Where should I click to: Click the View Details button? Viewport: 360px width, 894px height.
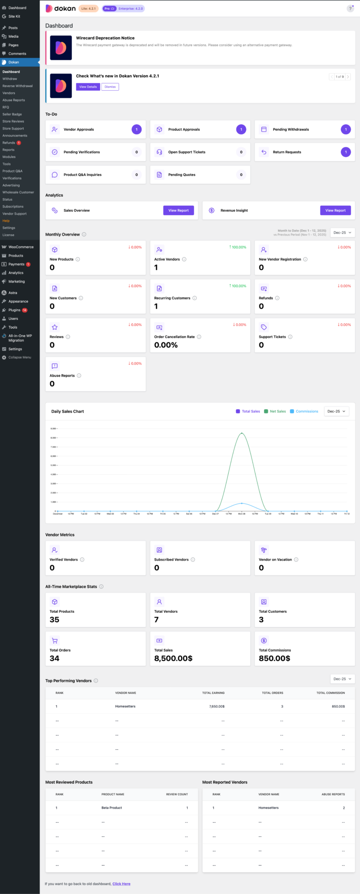point(88,87)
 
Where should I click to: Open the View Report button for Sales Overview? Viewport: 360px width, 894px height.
point(178,210)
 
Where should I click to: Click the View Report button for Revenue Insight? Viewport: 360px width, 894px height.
point(335,210)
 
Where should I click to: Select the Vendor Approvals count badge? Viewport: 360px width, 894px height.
point(136,129)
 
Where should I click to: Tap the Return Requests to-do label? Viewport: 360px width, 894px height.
point(287,152)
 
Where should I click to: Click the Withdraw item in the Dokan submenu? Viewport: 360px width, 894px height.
point(10,79)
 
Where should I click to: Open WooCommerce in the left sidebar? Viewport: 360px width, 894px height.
point(20,247)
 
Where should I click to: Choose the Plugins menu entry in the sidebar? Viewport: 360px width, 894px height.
point(14,310)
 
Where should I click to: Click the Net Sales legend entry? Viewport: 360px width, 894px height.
point(278,412)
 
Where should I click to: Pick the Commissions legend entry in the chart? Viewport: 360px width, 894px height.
point(306,412)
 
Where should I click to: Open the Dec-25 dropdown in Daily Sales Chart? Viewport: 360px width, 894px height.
point(336,412)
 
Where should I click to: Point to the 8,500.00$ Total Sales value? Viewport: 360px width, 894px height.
point(173,658)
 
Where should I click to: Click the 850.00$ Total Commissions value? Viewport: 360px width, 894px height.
point(274,658)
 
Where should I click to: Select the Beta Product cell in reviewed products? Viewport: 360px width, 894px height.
point(112,808)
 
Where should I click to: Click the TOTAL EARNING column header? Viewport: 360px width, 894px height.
point(213,693)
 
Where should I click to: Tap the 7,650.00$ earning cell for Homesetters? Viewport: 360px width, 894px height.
point(217,706)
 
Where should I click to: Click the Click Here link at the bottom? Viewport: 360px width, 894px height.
point(121,884)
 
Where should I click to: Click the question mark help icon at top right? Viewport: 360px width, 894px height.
point(350,8)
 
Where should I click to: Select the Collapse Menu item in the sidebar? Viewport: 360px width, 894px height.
point(20,358)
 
